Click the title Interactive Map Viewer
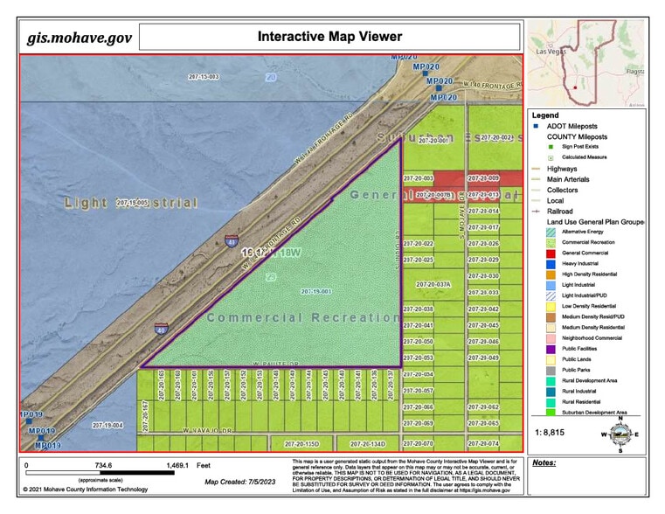(x=329, y=37)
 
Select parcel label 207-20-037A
(x=433, y=285)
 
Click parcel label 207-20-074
(x=482, y=443)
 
